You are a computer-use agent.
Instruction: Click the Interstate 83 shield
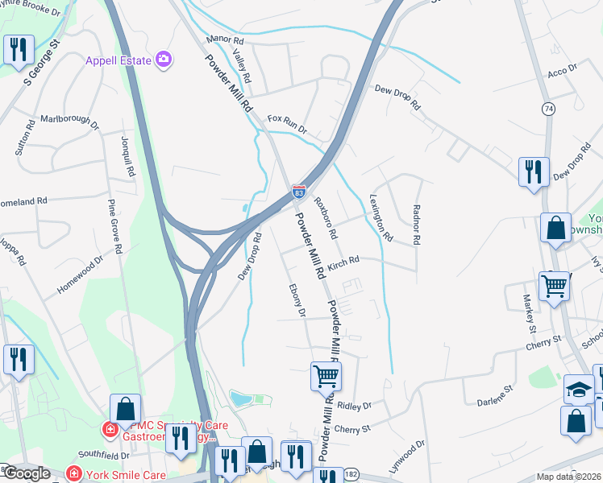pyautogui.click(x=298, y=192)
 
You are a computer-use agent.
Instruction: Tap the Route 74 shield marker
pyautogui.click(x=548, y=109)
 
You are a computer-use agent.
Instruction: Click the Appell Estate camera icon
pyautogui.click(x=164, y=59)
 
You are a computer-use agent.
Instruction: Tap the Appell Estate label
pyautogui.click(x=121, y=60)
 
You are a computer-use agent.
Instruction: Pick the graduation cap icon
pyautogui.click(x=578, y=389)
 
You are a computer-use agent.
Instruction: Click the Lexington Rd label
pyautogui.click(x=381, y=217)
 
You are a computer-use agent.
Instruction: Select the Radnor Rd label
pyautogui.click(x=417, y=225)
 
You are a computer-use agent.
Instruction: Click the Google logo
pyautogui.click(x=27, y=473)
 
